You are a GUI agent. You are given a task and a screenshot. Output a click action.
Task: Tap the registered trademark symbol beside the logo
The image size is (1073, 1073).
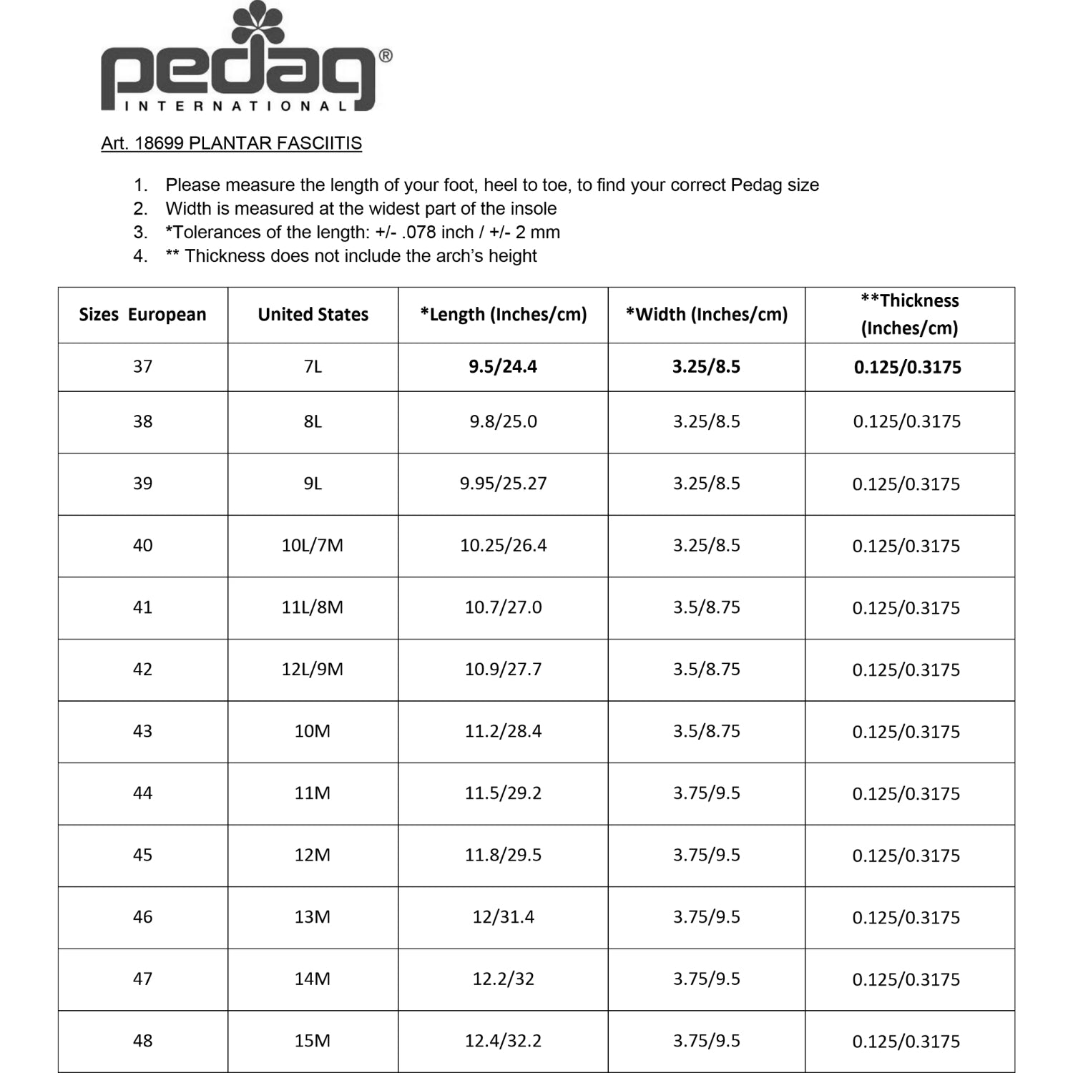click(385, 56)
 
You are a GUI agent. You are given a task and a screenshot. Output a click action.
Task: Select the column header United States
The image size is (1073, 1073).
click(313, 315)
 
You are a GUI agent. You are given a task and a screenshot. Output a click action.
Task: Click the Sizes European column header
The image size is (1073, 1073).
click(142, 315)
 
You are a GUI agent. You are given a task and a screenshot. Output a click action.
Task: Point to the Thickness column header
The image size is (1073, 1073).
click(909, 314)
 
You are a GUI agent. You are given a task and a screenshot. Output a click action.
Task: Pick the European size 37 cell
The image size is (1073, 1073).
click(142, 366)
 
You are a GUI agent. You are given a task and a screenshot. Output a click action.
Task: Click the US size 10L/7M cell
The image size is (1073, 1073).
click(313, 545)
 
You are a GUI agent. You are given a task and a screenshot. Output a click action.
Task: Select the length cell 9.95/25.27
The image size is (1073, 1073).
click(503, 484)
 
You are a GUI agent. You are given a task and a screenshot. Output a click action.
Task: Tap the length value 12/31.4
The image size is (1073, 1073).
click(503, 917)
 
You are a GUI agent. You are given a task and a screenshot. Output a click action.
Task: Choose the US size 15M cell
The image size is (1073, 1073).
click(313, 1041)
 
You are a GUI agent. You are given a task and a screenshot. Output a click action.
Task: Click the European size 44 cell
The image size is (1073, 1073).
click(142, 793)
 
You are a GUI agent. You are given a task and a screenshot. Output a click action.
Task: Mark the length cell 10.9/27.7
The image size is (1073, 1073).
click(503, 670)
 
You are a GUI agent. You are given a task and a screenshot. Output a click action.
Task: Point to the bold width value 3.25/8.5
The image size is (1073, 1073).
click(706, 366)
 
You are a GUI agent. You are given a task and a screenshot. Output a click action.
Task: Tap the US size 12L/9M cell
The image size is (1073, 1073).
click(313, 670)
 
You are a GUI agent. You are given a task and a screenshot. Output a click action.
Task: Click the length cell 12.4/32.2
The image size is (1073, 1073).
click(503, 1041)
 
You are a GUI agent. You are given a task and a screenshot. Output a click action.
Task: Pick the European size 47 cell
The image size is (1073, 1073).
click(142, 979)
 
